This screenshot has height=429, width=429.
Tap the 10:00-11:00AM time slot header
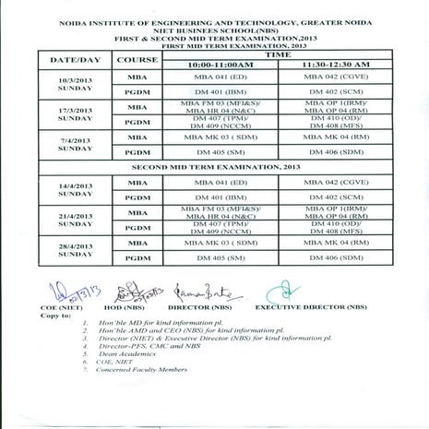click(x=219, y=66)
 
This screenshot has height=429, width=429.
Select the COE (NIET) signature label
click(x=58, y=307)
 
